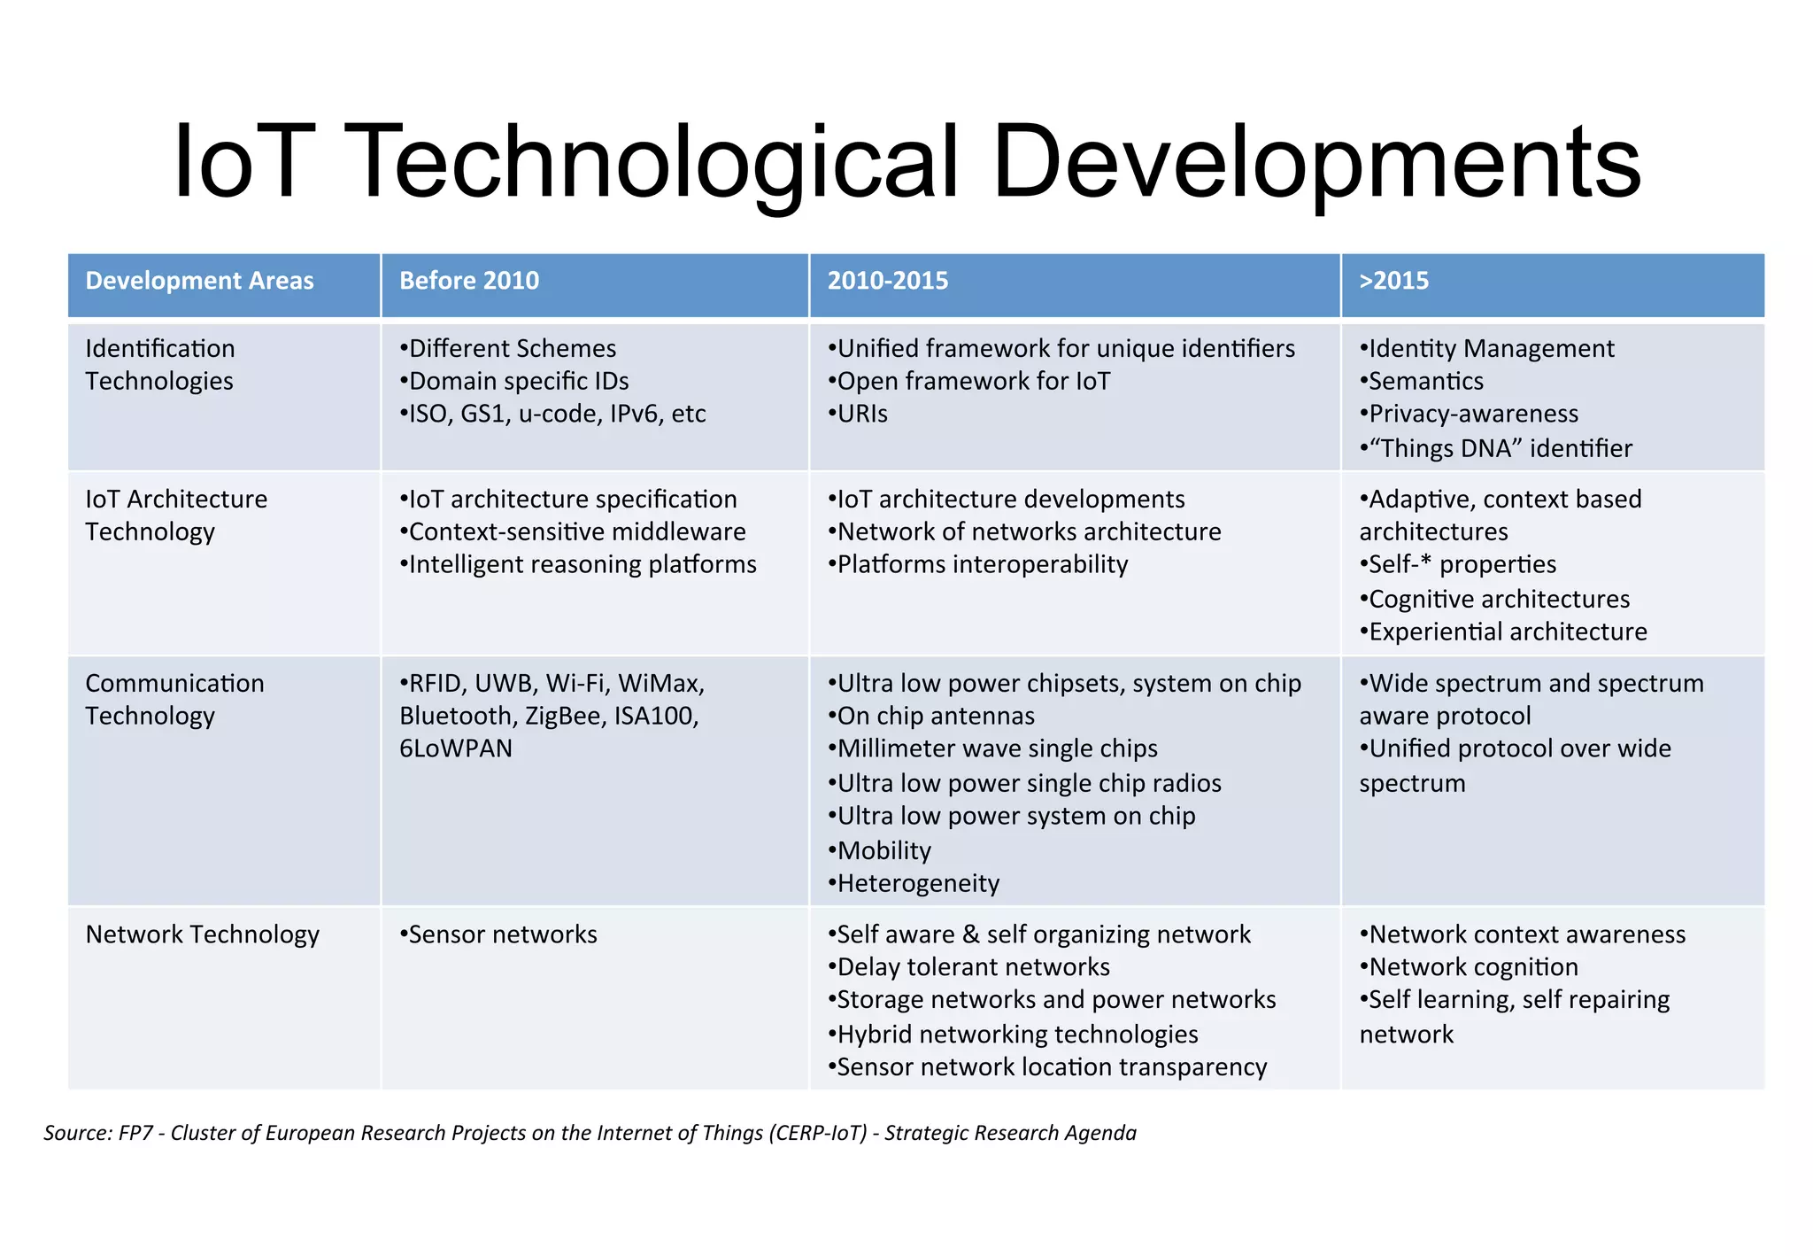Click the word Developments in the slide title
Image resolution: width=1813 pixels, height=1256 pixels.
[1315, 162]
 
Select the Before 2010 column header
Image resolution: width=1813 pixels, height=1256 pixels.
[468, 281]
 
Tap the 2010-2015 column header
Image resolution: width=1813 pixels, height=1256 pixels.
[887, 281]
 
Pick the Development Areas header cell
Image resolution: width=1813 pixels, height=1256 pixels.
[199, 281]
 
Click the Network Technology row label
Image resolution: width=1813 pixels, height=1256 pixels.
[202, 934]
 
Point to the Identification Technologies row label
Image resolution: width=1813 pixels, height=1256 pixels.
[160, 364]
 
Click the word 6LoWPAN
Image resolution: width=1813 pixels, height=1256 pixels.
[456, 748]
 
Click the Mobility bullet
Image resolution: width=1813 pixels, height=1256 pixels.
[883, 850]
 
